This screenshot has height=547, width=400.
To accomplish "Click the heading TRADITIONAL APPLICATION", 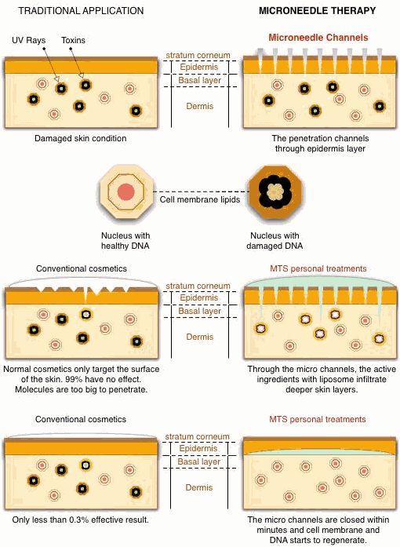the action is tap(81, 11).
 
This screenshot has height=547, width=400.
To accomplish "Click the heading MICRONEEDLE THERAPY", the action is tap(318, 11).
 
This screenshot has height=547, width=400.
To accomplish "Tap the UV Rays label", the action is tap(28, 41).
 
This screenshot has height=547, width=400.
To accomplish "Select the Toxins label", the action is tap(73, 41).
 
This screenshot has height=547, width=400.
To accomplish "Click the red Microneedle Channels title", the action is tap(318, 38).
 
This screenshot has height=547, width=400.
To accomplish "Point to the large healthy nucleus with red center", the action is tap(126, 191).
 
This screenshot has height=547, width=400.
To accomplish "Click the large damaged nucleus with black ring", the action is tap(275, 191).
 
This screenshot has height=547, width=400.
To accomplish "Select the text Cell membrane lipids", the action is tap(200, 200).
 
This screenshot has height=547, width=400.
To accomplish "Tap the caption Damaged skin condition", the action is tap(80, 138).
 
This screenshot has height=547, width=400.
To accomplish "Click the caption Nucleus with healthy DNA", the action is tap(125, 241).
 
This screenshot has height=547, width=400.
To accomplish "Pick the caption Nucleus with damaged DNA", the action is tap(275, 241).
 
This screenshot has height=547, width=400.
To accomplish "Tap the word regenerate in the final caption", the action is tap(345, 541).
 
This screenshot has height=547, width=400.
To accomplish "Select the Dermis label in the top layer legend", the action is tap(200, 106).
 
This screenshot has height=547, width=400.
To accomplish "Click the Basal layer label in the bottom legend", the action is tap(198, 462).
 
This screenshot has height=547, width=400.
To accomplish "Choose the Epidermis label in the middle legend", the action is tap(199, 298).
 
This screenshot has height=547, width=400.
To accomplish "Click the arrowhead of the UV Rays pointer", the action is tap(56, 79).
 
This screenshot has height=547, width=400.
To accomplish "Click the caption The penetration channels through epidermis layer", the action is tap(320, 144).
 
